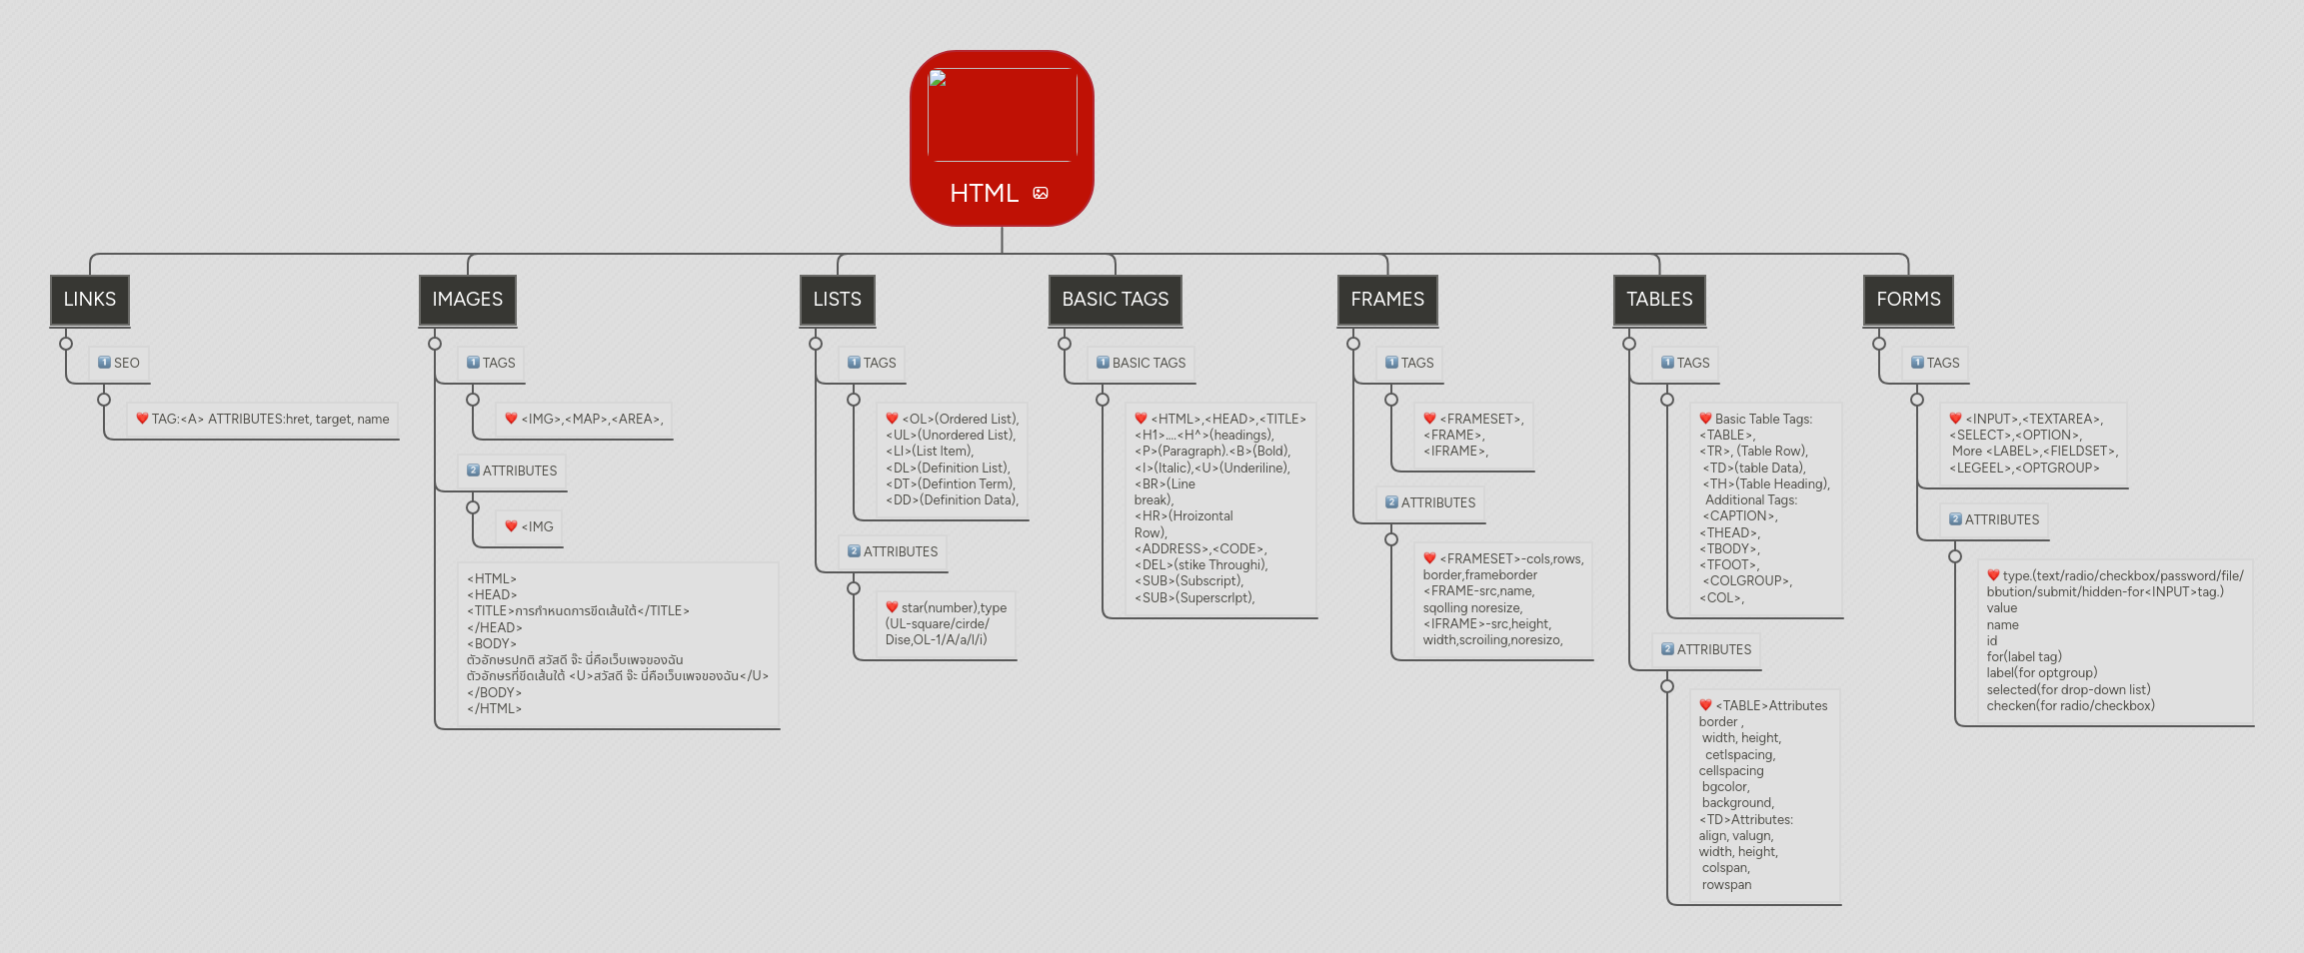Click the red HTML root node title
click(984, 193)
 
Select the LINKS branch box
click(90, 300)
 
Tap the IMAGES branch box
click(467, 300)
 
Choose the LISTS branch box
click(837, 300)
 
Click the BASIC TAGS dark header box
click(1115, 300)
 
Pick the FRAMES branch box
click(1387, 300)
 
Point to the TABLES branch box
click(1659, 300)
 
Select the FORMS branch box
click(1908, 300)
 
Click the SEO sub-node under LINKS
click(119, 363)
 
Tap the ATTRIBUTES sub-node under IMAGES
click(512, 471)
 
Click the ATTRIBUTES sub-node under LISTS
click(893, 551)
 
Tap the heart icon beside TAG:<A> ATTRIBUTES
click(142, 419)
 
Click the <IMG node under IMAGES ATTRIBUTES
click(529, 526)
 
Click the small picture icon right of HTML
click(1041, 193)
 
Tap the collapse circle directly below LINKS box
click(66, 344)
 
